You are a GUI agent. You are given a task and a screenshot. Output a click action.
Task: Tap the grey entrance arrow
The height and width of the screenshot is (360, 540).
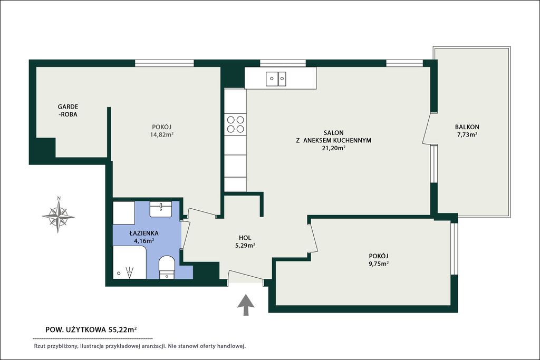click(246, 305)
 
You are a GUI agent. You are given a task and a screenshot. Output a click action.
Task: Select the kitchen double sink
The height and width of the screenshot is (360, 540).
click(276, 79)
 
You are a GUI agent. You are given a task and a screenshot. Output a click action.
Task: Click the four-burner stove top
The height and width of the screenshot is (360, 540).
click(236, 124)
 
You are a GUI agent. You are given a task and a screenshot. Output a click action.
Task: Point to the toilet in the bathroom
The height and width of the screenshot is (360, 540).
click(167, 267)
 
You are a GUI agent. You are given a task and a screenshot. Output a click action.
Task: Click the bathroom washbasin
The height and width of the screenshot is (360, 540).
click(160, 209)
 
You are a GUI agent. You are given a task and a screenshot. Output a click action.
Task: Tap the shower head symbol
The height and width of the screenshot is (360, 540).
click(130, 272)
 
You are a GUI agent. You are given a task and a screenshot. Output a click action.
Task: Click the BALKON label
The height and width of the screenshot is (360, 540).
click(467, 127)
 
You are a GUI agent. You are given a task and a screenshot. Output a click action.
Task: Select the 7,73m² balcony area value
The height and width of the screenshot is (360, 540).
click(467, 135)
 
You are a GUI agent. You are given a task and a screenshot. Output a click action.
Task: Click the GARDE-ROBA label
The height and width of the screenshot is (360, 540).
click(68, 111)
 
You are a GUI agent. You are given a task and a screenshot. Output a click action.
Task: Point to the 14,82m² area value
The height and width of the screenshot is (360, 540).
click(161, 134)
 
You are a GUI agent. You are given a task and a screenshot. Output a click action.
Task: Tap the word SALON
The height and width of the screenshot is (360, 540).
click(333, 132)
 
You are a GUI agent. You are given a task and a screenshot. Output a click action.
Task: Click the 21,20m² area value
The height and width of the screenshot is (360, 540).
click(333, 148)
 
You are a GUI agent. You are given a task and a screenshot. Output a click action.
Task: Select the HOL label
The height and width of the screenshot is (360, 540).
click(245, 238)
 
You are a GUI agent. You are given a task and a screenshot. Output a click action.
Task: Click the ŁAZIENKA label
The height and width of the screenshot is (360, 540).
click(144, 233)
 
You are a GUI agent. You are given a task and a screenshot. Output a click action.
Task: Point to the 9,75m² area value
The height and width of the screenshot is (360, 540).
click(379, 264)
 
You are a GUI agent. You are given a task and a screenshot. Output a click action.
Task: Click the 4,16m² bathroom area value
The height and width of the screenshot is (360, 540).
click(144, 241)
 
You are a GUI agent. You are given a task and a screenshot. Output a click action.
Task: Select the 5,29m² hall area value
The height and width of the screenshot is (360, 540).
click(245, 246)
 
